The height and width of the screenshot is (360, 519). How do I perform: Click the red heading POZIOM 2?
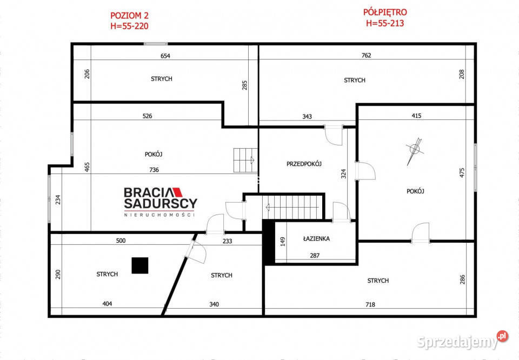[x=129, y=16]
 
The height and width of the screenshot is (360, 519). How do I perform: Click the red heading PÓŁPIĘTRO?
[x=385, y=12]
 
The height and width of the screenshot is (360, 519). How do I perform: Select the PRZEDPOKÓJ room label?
[x=304, y=163]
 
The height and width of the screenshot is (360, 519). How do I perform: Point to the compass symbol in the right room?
[x=415, y=149]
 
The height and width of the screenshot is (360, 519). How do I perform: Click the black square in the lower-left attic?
[x=140, y=265]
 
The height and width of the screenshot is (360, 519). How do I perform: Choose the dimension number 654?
[x=165, y=56]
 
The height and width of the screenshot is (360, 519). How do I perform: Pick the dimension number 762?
[x=366, y=56]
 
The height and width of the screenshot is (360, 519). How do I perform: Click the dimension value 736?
[x=154, y=170]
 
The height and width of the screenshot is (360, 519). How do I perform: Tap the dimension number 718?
[x=370, y=305]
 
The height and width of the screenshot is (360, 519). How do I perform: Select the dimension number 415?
[x=416, y=115]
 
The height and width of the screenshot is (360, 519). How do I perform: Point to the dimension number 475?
[x=462, y=173]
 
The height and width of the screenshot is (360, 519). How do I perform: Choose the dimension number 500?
[x=121, y=241]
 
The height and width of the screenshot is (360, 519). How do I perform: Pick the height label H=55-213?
[x=385, y=23]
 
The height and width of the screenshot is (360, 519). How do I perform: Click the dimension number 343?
[x=307, y=117]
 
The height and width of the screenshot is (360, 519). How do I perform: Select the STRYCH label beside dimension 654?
[x=161, y=79]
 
